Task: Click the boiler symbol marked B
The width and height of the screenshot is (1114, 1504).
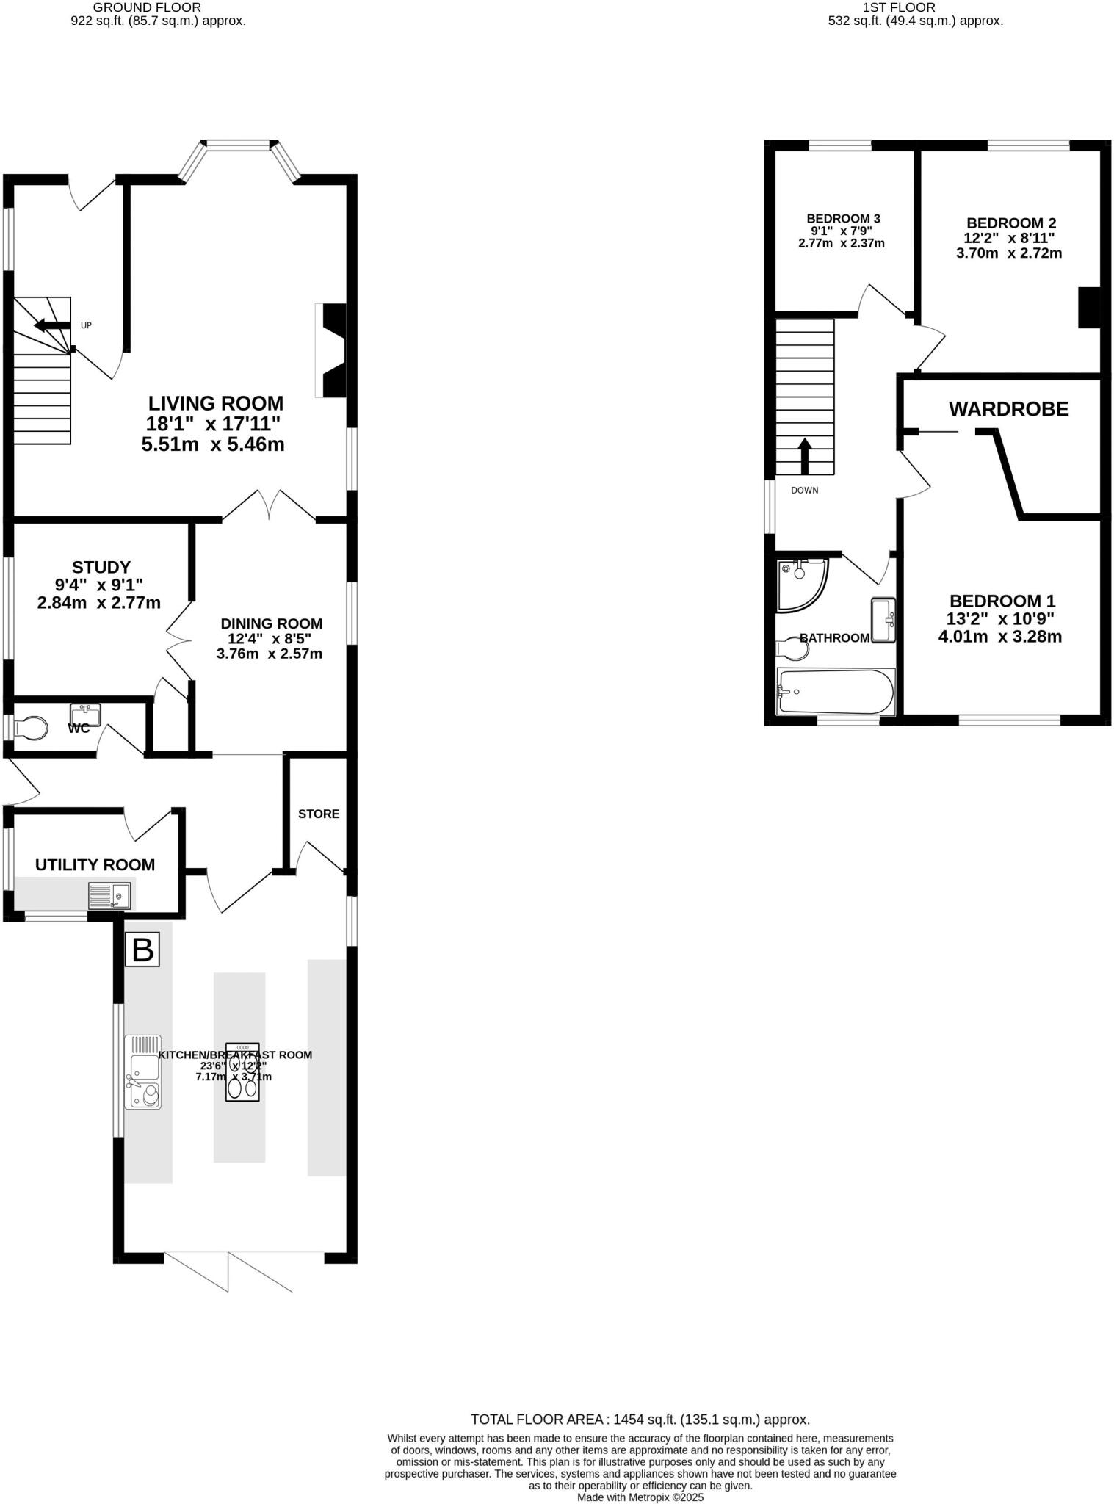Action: tap(142, 950)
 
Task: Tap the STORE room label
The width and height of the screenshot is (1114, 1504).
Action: tap(319, 814)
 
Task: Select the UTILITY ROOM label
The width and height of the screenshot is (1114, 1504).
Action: tap(95, 865)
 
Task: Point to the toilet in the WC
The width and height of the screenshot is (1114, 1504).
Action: tap(31, 728)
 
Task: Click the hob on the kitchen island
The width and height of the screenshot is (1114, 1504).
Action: tap(242, 1072)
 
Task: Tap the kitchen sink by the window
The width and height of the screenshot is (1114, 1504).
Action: tap(142, 1071)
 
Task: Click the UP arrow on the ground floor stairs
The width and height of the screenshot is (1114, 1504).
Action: tap(52, 325)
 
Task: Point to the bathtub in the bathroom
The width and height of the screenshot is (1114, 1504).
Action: tap(836, 692)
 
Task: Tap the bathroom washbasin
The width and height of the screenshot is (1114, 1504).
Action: tap(883, 620)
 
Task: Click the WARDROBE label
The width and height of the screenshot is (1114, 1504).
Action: tap(1008, 409)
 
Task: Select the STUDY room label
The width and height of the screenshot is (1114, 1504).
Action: tap(101, 567)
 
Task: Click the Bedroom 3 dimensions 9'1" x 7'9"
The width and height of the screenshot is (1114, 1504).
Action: tap(842, 231)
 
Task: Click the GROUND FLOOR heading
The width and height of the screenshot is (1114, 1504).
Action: tap(147, 7)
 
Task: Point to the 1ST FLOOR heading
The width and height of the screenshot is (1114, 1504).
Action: tap(899, 7)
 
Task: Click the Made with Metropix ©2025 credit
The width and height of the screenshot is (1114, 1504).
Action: tap(640, 1497)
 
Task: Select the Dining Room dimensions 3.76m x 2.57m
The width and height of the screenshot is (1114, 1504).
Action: tap(270, 654)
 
